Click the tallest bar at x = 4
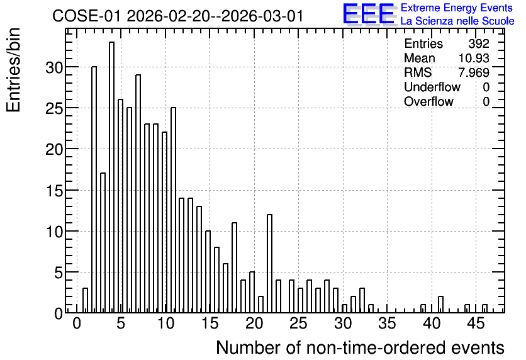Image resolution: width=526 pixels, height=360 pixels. pyautogui.click(x=112, y=177)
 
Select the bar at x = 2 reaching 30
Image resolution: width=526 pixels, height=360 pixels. pyautogui.click(x=94, y=189)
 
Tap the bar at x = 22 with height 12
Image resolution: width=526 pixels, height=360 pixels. pyautogui.click(x=270, y=264)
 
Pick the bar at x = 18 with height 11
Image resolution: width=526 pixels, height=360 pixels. pyautogui.click(x=235, y=267)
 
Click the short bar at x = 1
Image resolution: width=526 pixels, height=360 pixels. pyautogui.click(x=85, y=301)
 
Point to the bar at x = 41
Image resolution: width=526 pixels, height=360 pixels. pyautogui.click(x=441, y=305)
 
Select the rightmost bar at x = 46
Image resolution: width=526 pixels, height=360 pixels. pyautogui.click(x=484, y=308)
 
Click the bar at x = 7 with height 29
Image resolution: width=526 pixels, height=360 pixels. pyautogui.click(x=138, y=194)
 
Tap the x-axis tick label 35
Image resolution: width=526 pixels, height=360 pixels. pyautogui.click(x=388, y=324)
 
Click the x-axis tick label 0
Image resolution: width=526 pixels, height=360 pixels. pyautogui.click(x=77, y=324)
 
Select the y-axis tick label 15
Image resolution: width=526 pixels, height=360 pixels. pyautogui.click(x=54, y=191)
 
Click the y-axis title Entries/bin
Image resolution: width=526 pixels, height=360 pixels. pyautogui.click(x=13, y=70)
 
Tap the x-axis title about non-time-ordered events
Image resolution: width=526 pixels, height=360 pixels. pyautogui.click(x=361, y=347)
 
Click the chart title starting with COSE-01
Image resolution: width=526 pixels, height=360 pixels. pyautogui.click(x=178, y=16)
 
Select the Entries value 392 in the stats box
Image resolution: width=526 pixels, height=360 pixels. pyautogui.click(x=479, y=43)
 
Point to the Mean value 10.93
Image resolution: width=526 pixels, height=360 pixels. pyautogui.click(x=474, y=58)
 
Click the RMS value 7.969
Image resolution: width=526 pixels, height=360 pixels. pyautogui.click(x=474, y=72)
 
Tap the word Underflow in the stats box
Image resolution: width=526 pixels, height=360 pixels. pyautogui.click(x=432, y=87)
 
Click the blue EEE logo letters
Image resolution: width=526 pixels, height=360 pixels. pyautogui.click(x=369, y=14)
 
